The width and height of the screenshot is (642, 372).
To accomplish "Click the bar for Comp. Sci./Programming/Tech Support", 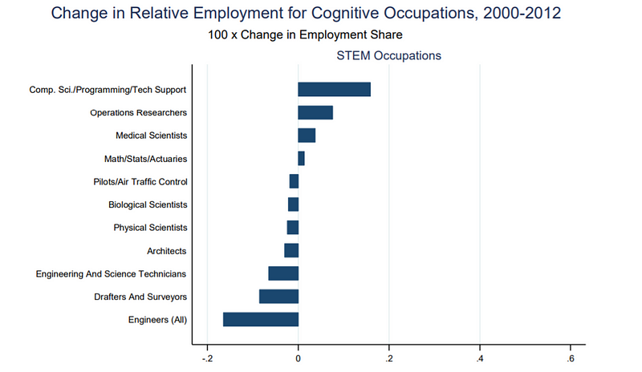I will pos(334,89).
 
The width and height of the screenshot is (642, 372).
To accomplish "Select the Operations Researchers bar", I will pos(315,112).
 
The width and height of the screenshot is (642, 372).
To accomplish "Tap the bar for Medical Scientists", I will pos(307,135).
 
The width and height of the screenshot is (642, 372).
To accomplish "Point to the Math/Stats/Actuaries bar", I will pos(301,158).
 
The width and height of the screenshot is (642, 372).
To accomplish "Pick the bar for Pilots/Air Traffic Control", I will pos(294,181).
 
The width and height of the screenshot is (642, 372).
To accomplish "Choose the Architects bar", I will pos(291,251).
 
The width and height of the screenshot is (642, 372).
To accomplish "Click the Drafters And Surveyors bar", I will pos(278,297).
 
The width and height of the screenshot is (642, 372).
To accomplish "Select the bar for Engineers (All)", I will pos(261,320).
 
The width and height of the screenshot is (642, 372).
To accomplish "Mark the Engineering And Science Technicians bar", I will pos(283,273).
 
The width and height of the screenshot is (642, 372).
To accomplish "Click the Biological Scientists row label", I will pos(148,205).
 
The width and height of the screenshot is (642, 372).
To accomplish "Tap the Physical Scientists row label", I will pos(150,228).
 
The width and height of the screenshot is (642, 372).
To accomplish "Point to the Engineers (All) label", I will pos(157,321).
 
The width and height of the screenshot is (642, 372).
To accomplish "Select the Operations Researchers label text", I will pos(138,113).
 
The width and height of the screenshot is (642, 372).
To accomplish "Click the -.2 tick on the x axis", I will pos(206,358).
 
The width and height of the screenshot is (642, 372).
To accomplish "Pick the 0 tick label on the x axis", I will pos(299,358).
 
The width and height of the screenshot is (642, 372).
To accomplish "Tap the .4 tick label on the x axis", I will pos(479,358).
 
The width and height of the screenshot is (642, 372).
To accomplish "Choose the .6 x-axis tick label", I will pos(570,358).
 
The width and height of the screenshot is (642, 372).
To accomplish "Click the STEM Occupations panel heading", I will pos(388,56).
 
